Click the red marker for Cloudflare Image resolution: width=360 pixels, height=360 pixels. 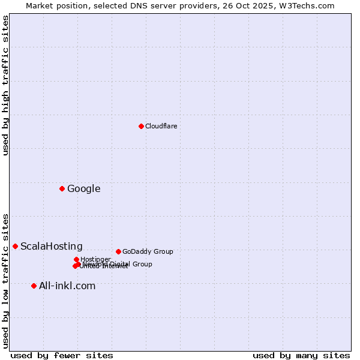141,126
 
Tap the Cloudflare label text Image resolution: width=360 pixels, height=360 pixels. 161,126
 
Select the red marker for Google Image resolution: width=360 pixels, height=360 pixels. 62,189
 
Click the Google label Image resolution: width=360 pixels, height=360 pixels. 83,189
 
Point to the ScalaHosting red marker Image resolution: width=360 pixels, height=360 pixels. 15,246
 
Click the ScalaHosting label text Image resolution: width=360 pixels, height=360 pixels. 52,247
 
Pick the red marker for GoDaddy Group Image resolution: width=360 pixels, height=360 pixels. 118,251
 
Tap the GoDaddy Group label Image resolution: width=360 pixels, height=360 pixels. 148,251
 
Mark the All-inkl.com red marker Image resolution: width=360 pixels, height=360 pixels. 34,286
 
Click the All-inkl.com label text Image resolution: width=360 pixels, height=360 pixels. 67,286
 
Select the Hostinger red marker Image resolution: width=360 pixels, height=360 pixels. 76,259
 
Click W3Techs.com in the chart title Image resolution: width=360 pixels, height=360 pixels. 310,5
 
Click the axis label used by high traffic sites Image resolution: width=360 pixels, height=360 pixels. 6,85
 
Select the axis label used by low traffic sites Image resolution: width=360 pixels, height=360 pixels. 6,280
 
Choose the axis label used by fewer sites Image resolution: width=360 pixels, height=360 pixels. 62,355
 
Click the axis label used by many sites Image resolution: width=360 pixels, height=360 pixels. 301,355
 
